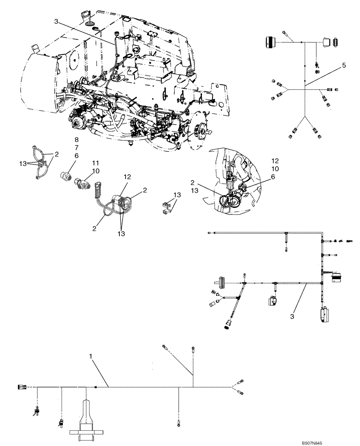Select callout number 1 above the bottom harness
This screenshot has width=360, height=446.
[91, 357]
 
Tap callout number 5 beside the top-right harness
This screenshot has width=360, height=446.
[344, 65]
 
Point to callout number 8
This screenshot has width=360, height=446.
[76, 140]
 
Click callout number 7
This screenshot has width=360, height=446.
[76, 147]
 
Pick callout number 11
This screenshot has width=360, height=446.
[95, 163]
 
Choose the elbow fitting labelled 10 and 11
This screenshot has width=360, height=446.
[82, 183]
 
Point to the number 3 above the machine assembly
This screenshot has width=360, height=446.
[56, 21]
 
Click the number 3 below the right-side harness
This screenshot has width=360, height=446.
[292, 316]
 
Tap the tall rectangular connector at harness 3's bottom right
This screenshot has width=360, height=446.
[323, 312]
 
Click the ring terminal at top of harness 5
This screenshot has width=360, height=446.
[285, 33]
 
